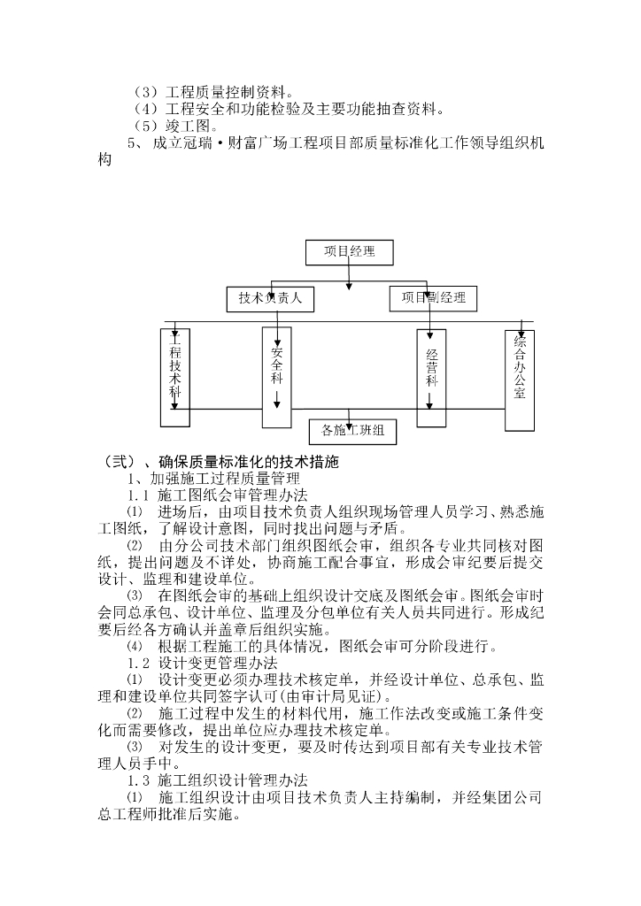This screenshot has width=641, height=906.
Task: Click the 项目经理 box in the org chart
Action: click(x=349, y=252)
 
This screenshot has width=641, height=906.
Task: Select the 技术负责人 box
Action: click(x=270, y=299)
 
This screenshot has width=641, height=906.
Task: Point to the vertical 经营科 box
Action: click(x=431, y=378)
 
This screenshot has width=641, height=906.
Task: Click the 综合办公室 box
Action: click(x=520, y=380)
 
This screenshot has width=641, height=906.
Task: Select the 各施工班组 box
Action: click(x=352, y=431)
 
